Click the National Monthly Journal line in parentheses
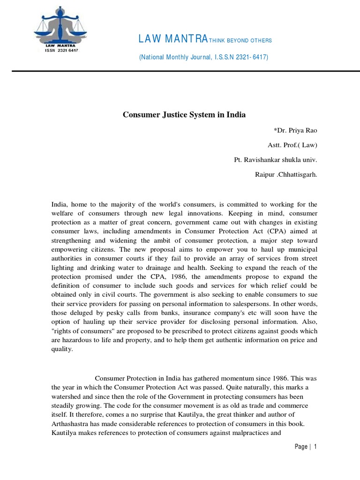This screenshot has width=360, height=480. pos(203,57)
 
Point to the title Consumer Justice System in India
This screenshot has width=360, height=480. pos(184,114)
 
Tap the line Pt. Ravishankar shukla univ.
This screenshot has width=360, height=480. pos(276,160)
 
